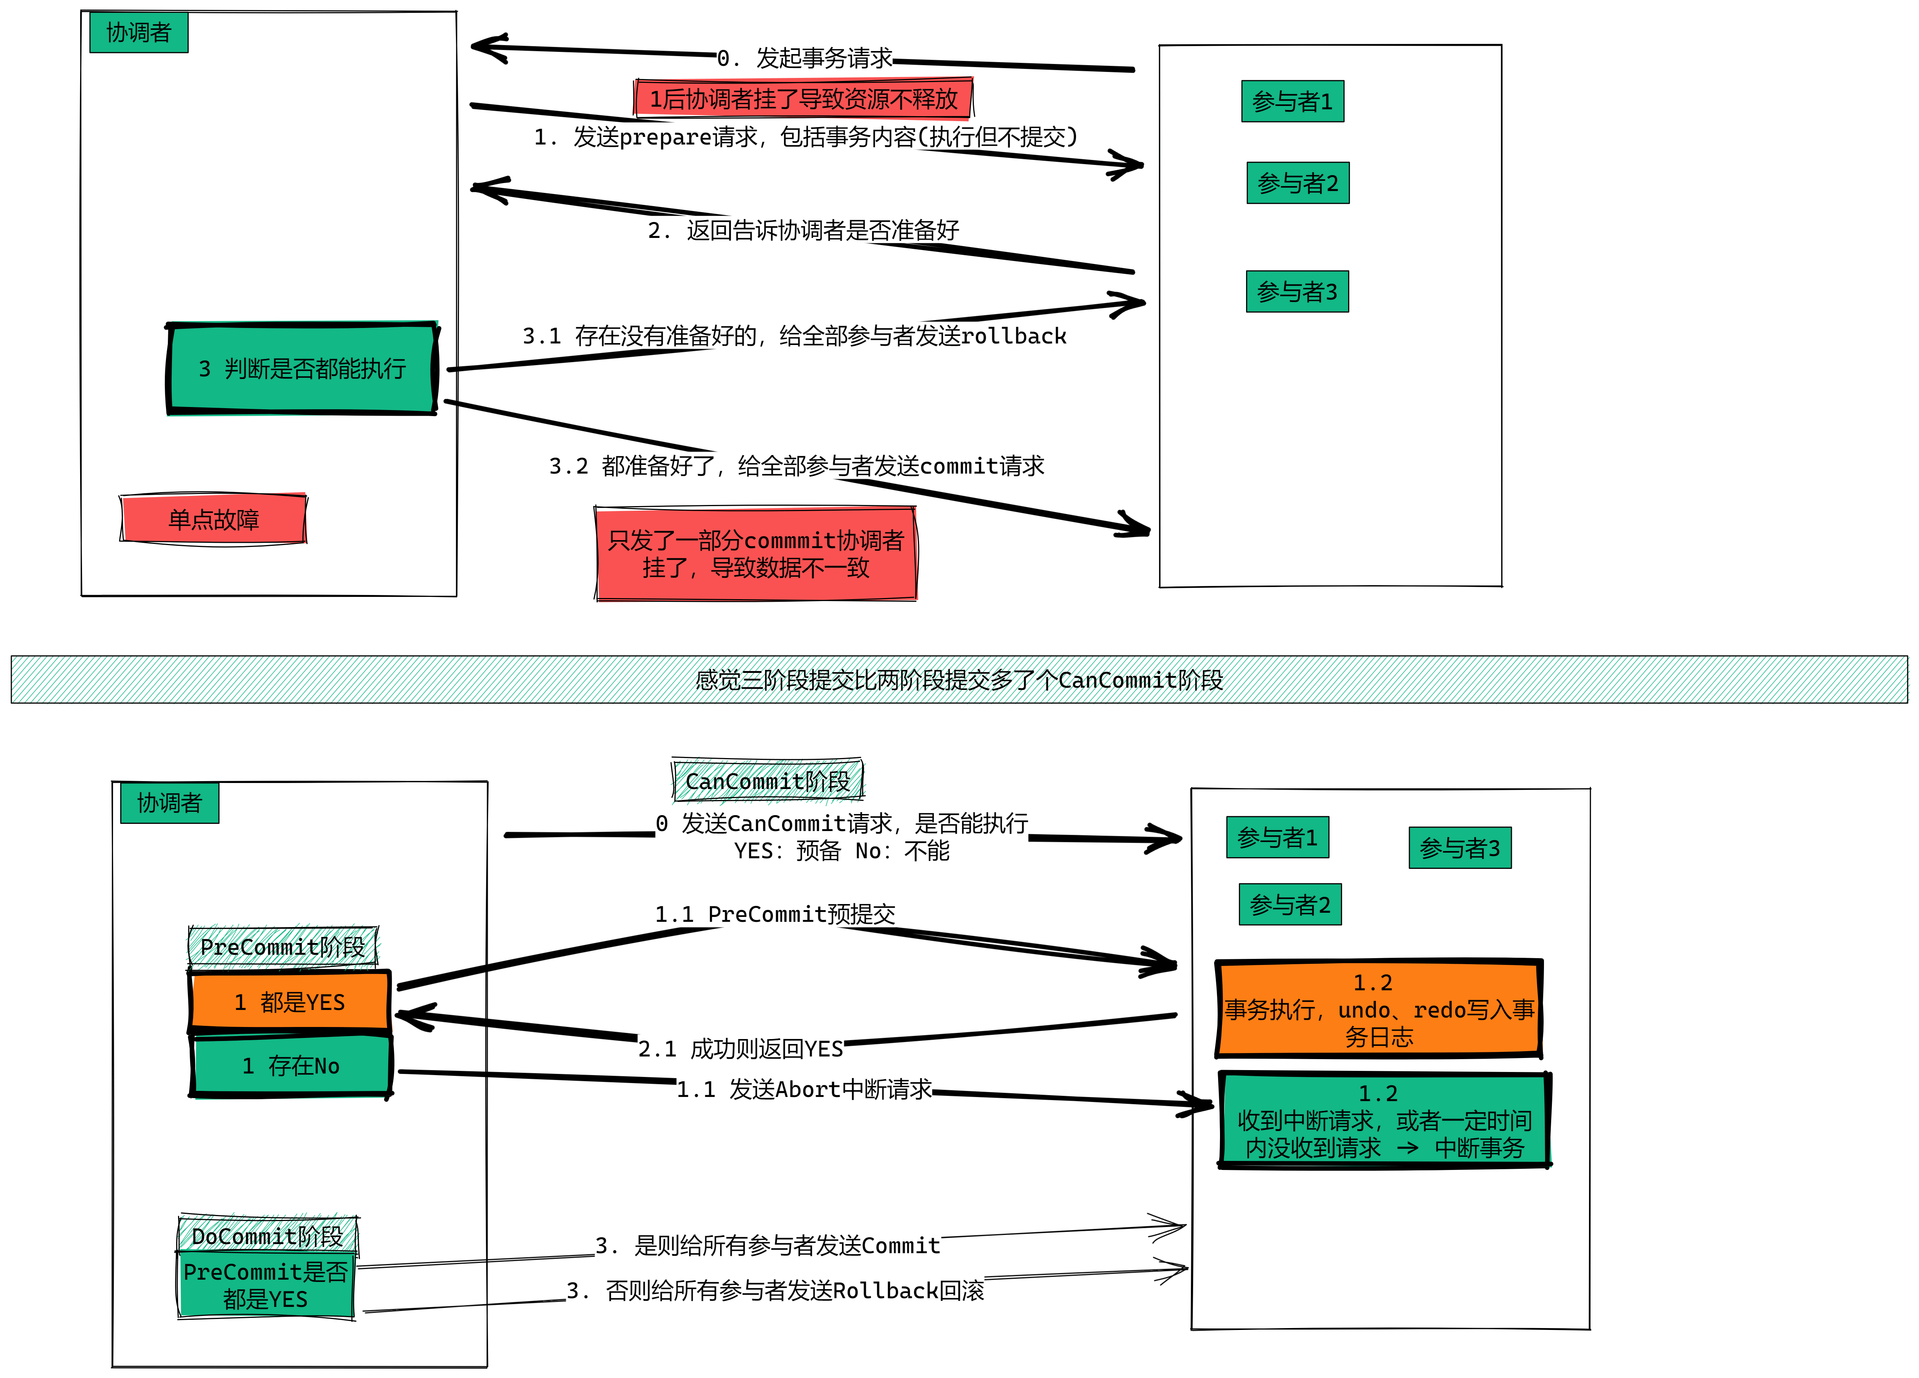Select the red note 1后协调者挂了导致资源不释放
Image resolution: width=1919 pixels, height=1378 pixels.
804,98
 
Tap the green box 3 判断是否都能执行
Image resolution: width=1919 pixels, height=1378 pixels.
302,368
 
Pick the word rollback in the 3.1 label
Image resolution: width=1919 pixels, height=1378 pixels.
1014,336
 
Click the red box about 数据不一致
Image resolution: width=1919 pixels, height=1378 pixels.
756,553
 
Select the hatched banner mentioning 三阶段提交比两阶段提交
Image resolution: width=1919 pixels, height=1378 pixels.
959,679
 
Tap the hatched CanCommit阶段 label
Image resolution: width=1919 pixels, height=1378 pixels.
767,780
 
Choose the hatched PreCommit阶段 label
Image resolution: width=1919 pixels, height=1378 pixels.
283,946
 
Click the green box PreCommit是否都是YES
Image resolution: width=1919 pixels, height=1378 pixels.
266,1285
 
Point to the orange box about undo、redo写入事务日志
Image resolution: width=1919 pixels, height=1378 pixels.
1379,1008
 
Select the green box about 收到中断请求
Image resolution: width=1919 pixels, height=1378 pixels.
1384,1120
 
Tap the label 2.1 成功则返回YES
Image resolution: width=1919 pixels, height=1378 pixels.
740,1049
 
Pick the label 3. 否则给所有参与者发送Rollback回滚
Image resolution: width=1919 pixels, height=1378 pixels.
775,1290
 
